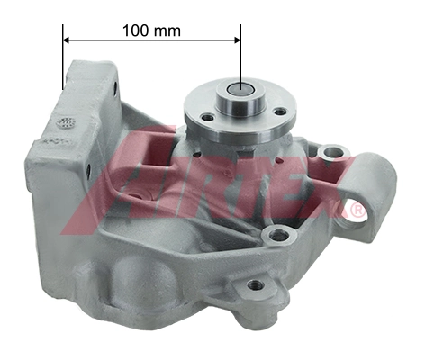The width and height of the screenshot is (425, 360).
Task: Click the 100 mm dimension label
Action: click(x=151, y=31)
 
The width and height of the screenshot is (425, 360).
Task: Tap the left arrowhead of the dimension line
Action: click(x=67, y=40)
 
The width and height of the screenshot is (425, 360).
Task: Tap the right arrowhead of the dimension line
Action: click(x=237, y=40)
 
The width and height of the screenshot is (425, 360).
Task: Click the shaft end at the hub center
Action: click(x=240, y=89)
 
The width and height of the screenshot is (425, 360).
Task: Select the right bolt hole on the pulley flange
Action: click(x=280, y=112)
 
